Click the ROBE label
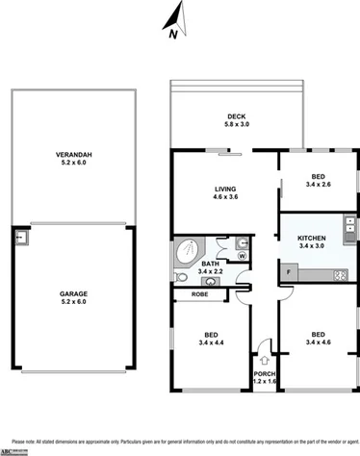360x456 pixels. [x=200, y=293]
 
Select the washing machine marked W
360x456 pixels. [x=242, y=256]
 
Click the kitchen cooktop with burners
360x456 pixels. [x=338, y=276]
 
